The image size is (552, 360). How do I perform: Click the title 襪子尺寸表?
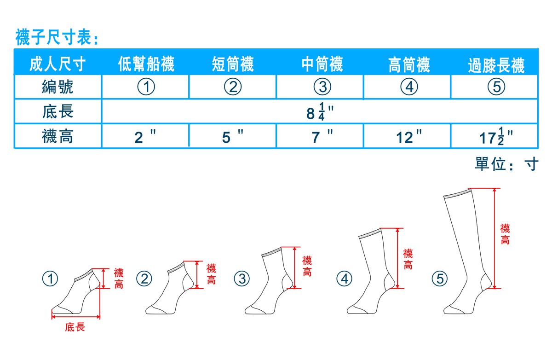click(x=57, y=37)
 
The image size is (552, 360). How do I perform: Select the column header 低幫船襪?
click(x=146, y=64)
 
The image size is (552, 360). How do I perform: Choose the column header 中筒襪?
click(x=322, y=64)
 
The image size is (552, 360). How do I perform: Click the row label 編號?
click(x=57, y=87)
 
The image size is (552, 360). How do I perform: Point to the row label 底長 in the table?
click(x=57, y=111)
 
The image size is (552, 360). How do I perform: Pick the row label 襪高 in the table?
click(x=57, y=136)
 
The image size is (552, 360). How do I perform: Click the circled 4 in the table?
click(x=409, y=87)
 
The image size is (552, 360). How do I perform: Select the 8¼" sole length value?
click(x=320, y=112)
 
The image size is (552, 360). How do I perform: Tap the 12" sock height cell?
click(x=409, y=136)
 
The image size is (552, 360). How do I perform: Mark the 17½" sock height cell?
click(x=496, y=136)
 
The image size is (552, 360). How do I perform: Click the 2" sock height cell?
click(x=145, y=136)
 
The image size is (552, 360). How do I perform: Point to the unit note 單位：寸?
click(x=506, y=164)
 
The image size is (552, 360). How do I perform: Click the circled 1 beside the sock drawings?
click(x=50, y=279)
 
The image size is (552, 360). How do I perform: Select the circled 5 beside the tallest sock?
click(x=440, y=279)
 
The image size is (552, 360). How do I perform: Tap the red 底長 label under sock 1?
click(x=75, y=327)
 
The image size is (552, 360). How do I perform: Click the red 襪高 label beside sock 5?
click(x=505, y=234)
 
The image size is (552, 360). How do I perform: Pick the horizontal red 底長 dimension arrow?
click(x=76, y=317)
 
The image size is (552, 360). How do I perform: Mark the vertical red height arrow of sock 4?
click(x=397, y=258)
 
